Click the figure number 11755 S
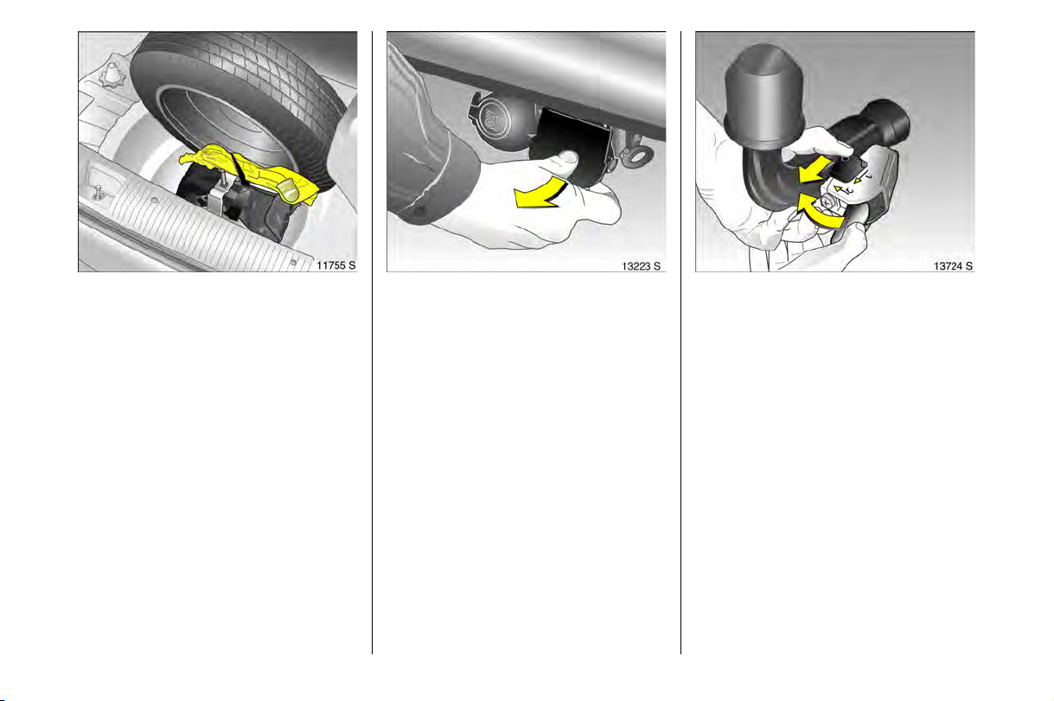336,265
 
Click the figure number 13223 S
642,266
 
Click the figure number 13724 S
953,266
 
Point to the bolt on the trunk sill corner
98,193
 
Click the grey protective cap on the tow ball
763,97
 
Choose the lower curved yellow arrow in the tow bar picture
820,212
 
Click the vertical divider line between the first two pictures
372,342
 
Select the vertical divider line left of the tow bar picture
680,342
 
